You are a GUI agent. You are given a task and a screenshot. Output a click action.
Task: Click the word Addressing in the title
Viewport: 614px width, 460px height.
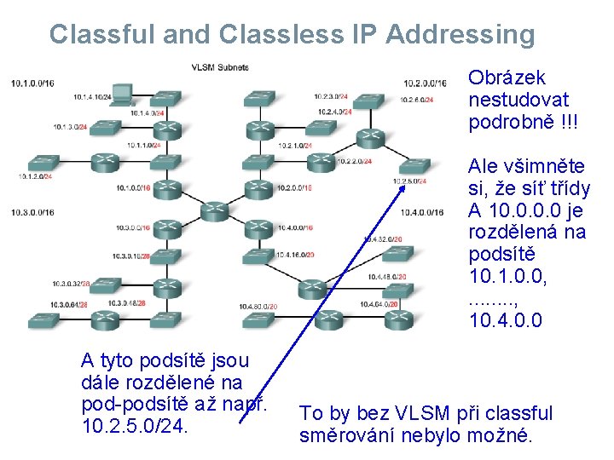click(460, 34)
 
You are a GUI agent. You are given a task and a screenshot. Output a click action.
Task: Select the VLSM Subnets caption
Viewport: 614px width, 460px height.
click(220, 67)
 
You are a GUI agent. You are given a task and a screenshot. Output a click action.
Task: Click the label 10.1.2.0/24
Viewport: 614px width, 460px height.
click(35, 176)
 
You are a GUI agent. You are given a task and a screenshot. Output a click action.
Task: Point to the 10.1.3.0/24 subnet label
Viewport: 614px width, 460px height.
click(71, 126)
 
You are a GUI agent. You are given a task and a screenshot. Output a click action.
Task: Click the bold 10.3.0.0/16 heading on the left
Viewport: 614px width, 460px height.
click(32, 212)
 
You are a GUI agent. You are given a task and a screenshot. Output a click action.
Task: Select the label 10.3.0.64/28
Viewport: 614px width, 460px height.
click(71, 304)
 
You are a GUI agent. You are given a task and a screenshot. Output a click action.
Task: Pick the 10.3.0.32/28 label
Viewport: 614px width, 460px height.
click(71, 283)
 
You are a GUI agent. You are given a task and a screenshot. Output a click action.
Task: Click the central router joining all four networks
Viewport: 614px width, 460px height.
click(212, 210)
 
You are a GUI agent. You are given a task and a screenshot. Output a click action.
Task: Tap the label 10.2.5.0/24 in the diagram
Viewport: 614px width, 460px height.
click(410, 180)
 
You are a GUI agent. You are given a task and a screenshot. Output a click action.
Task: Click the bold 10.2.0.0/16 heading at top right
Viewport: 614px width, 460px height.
click(425, 83)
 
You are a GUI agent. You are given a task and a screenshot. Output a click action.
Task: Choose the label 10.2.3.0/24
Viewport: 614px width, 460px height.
click(332, 96)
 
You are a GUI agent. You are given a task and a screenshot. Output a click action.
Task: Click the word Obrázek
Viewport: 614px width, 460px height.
click(507, 78)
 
